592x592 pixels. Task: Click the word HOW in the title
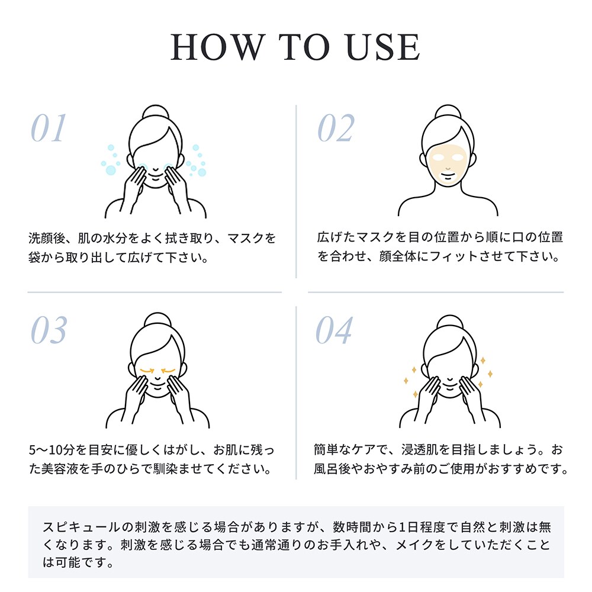(x=217, y=47)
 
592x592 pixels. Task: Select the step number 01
(x=49, y=128)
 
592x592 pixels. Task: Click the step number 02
(x=336, y=128)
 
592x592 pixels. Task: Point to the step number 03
(x=49, y=330)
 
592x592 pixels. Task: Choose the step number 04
(x=334, y=330)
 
